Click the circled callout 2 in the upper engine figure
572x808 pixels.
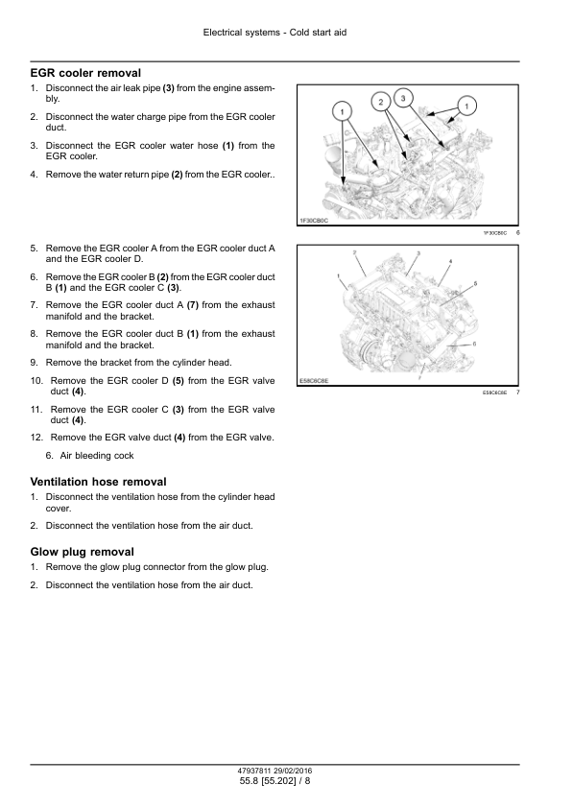click(x=381, y=102)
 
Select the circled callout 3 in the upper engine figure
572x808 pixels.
click(x=403, y=98)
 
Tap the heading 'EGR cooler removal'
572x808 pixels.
click(x=85, y=73)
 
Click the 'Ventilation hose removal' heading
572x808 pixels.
click(x=99, y=482)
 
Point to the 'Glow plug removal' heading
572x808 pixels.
click(x=83, y=552)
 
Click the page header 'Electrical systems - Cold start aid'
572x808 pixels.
click(x=274, y=33)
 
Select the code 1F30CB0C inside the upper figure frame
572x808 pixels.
click(x=314, y=221)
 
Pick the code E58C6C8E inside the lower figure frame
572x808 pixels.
click(x=314, y=381)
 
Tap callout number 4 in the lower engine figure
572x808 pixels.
click(x=450, y=261)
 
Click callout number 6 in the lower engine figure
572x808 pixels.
click(x=474, y=344)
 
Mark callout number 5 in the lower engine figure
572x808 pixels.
click(x=475, y=283)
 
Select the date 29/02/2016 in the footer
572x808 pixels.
click(x=293, y=771)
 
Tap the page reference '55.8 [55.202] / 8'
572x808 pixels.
click(x=275, y=781)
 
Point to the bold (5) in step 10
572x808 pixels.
click(x=179, y=381)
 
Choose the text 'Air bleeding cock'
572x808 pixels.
click(x=97, y=456)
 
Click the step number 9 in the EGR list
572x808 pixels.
click(x=34, y=363)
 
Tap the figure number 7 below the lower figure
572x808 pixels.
click(x=518, y=392)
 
